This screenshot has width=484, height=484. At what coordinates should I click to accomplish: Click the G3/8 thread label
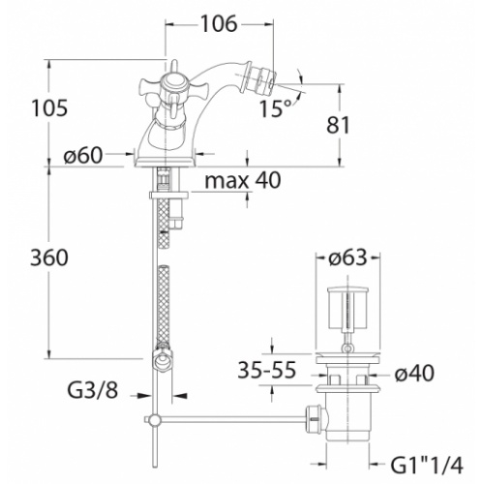point(101,393)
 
